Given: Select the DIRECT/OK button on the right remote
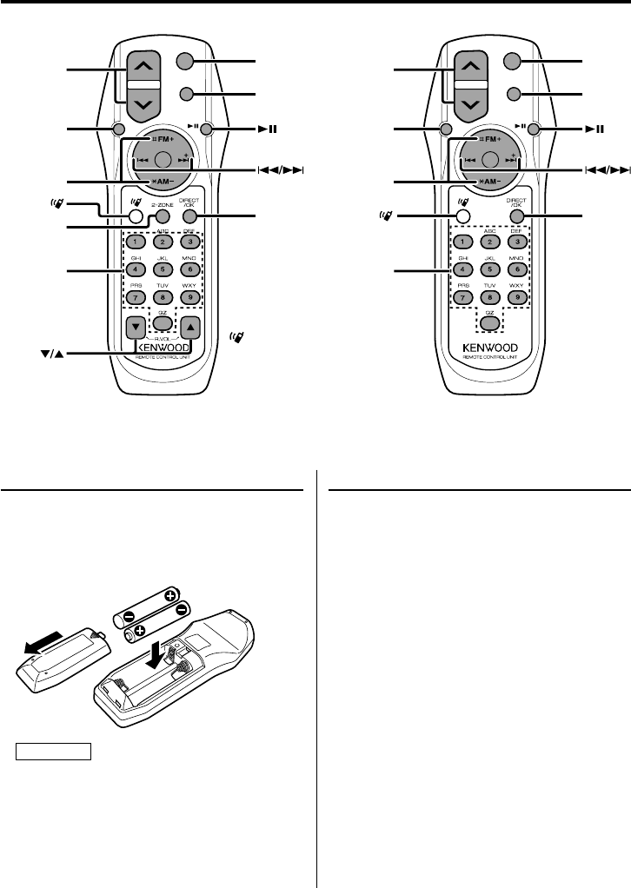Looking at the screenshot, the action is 516,215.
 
